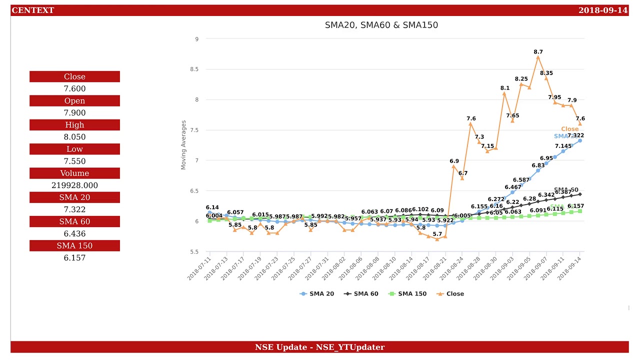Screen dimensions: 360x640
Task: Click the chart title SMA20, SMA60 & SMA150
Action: pyautogui.click(x=381, y=25)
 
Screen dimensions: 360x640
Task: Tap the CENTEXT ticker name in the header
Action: pyautogui.click(x=32, y=10)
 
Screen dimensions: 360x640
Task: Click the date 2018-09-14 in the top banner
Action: pyautogui.click(x=602, y=10)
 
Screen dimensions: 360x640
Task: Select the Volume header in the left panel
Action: pyautogui.click(x=74, y=173)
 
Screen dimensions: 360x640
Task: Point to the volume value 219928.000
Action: pyautogui.click(x=74, y=185)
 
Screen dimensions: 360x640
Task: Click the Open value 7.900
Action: pyautogui.click(x=74, y=113)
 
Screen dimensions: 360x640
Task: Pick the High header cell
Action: pyautogui.click(x=74, y=125)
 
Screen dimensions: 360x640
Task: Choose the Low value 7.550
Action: pyautogui.click(x=74, y=161)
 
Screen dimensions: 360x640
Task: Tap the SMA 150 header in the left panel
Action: pyautogui.click(x=74, y=245)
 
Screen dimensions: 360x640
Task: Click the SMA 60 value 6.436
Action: pyautogui.click(x=74, y=233)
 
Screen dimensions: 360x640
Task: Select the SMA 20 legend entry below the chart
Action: pyautogui.click(x=317, y=294)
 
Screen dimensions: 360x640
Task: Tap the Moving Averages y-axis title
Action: pyautogui.click(x=183, y=145)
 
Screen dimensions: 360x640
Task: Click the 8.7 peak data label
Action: pyautogui.click(x=538, y=52)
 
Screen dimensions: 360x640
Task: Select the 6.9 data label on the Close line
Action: pyautogui.click(x=454, y=161)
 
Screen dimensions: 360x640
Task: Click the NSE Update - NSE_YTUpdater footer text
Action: pyautogui.click(x=319, y=347)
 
